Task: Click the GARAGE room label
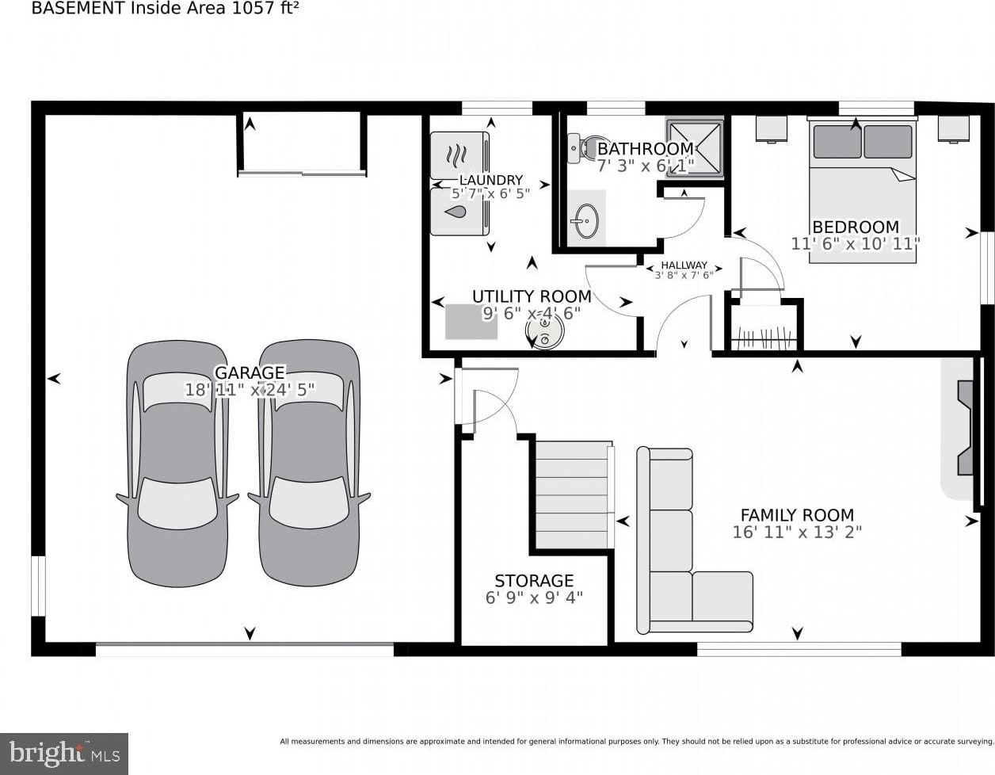point(250,372)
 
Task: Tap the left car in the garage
point(177,463)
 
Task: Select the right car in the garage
point(309,463)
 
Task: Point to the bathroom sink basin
point(586,221)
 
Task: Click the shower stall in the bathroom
point(695,149)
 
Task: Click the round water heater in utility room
point(544,331)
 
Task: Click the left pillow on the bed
point(837,142)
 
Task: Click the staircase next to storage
point(574,494)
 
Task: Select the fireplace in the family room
point(965,428)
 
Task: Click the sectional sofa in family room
point(689,541)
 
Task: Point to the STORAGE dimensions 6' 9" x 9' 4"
point(534,597)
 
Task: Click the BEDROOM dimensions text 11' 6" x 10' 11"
point(856,244)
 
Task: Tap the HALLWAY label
point(684,265)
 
